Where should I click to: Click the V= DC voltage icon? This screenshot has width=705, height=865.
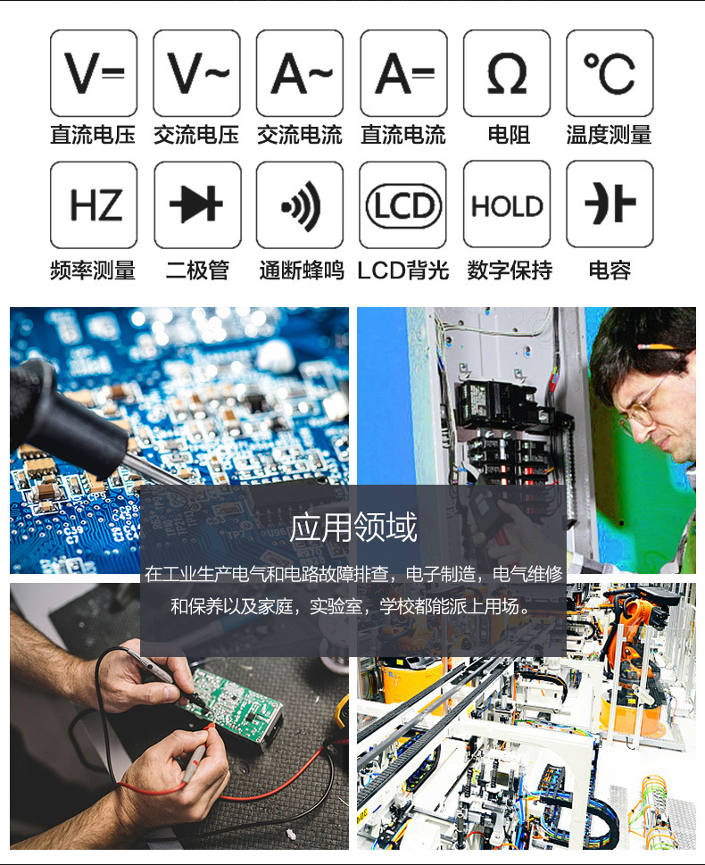click(x=94, y=73)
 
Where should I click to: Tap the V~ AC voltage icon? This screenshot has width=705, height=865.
click(x=197, y=73)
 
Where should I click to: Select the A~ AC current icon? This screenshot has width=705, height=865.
click(x=300, y=73)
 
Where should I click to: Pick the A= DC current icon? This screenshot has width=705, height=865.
click(x=403, y=73)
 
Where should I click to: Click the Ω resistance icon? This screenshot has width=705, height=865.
click(x=507, y=73)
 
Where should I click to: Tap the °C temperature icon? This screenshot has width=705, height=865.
click(x=610, y=73)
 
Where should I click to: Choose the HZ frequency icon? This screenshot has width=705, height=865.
click(x=94, y=204)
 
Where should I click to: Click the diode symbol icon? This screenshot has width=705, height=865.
click(x=197, y=204)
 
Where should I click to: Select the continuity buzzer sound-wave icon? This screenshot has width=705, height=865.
click(x=300, y=204)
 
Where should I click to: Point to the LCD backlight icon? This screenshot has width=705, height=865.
click(x=402, y=204)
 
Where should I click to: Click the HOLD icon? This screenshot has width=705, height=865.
click(x=507, y=204)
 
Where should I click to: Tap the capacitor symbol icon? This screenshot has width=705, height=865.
click(x=610, y=204)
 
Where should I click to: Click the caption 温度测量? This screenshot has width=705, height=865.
click(x=609, y=135)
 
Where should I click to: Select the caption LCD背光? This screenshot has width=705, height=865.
click(x=403, y=270)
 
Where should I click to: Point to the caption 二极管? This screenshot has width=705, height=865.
click(x=197, y=270)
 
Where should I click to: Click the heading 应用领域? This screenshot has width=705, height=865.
click(x=353, y=528)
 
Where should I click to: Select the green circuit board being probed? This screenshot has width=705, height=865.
click(x=235, y=704)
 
